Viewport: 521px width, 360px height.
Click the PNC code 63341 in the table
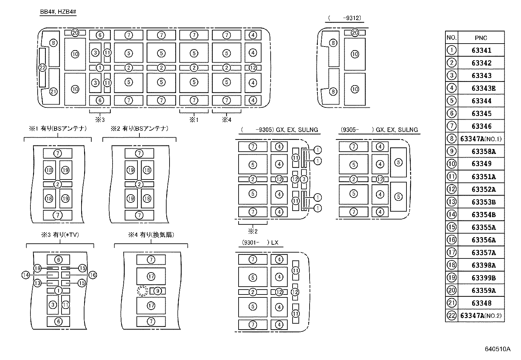pyautogui.click(x=481, y=50)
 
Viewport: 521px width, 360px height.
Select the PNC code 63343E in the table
pyautogui.click(x=483, y=88)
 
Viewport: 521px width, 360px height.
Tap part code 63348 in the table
pyautogui.click(x=481, y=303)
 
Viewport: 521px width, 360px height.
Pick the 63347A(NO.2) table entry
pyautogui.click(x=480, y=316)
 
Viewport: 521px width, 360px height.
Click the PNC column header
pyautogui.click(x=481, y=38)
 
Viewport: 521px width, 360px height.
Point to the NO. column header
pyautogui.click(x=451, y=38)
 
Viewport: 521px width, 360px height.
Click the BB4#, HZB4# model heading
pyautogui.click(x=58, y=12)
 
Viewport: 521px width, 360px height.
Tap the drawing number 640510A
pyautogui.click(x=497, y=349)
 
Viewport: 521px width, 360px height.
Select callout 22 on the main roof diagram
pyautogui.click(x=42, y=67)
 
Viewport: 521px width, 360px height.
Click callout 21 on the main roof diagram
pyautogui.click(x=53, y=92)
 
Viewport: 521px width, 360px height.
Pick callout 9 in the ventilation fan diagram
pyautogui.click(x=158, y=291)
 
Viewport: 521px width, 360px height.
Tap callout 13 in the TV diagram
pyautogui.click(x=37, y=283)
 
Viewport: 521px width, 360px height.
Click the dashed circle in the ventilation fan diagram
pyautogui.click(x=142, y=291)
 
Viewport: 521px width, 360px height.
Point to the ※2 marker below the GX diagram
pyautogui.click(x=253, y=231)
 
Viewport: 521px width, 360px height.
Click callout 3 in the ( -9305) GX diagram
pyautogui.click(x=304, y=179)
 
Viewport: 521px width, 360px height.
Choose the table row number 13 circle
pyautogui.click(x=452, y=202)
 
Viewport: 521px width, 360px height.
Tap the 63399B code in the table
pyautogui.click(x=483, y=278)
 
